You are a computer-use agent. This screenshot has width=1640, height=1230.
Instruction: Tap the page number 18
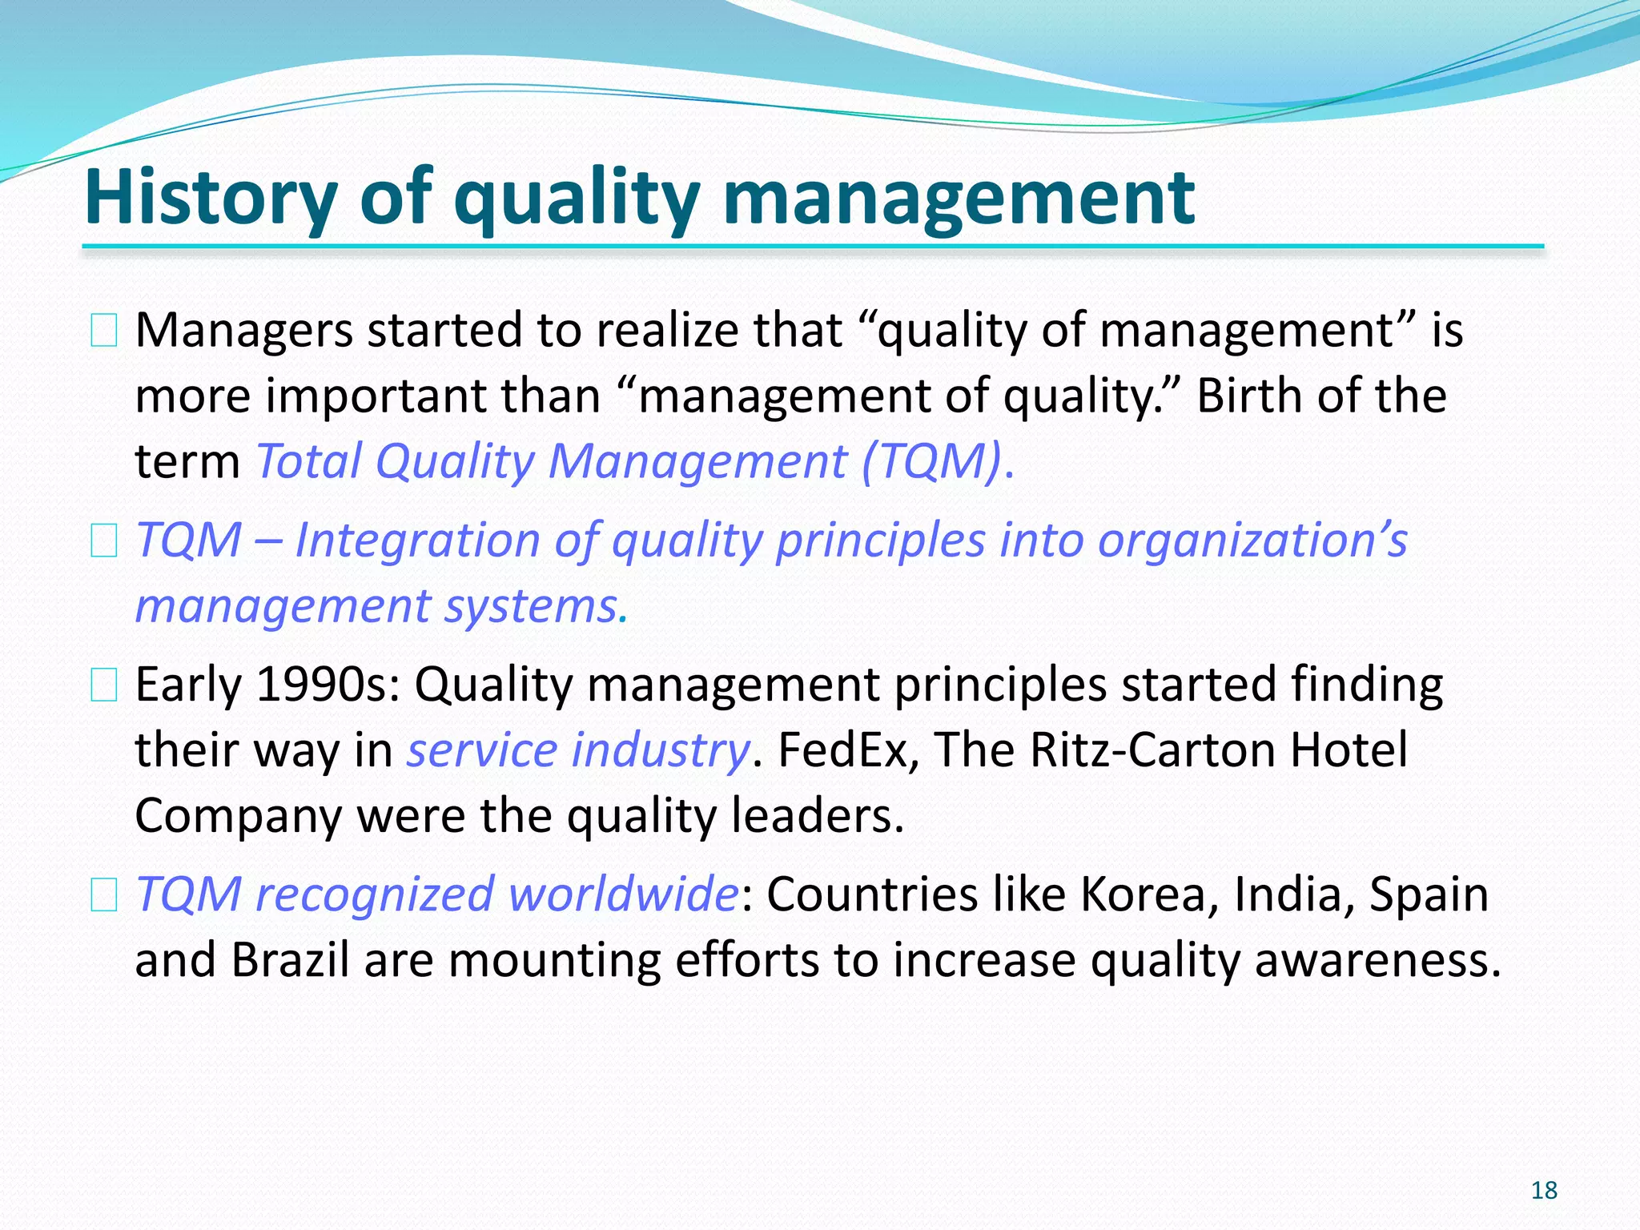tap(1544, 1191)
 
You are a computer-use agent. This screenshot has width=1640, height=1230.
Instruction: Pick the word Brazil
tap(290, 960)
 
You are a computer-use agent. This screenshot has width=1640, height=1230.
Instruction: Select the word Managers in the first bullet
tap(243, 331)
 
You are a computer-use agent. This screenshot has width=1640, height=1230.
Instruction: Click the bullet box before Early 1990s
tap(104, 686)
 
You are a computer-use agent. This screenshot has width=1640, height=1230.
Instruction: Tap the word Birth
tap(1256, 396)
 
